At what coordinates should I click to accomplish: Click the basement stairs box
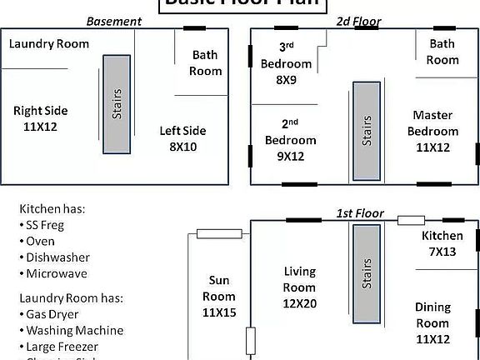tap(117, 105)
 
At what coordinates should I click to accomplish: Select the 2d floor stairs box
tap(367, 131)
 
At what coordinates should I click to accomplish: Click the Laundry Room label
tap(49, 43)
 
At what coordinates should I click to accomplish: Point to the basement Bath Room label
tap(205, 63)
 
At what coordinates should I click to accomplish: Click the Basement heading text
tap(108, 21)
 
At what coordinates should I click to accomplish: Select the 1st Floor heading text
tap(360, 213)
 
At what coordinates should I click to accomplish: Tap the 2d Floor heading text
tap(358, 21)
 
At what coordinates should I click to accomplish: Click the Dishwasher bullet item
tap(57, 257)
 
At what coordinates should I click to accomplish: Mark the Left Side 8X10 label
tap(182, 138)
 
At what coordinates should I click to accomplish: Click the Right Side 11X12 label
tap(40, 118)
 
